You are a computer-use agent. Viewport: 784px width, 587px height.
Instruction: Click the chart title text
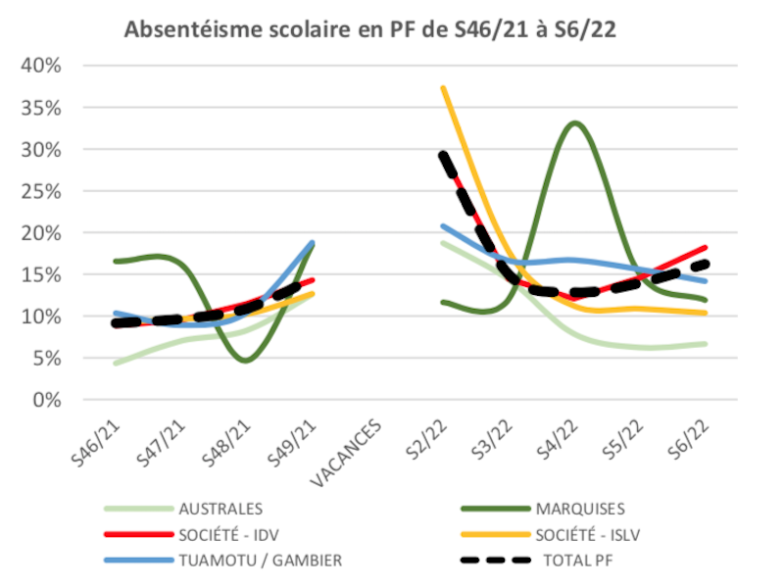[369, 29]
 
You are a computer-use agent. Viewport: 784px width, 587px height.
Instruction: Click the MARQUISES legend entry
[580, 509]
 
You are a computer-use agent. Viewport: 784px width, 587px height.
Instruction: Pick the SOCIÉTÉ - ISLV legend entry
[585, 534]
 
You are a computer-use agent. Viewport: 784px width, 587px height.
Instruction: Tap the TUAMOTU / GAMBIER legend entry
[254, 560]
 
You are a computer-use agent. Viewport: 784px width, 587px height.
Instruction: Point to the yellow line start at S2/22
[443, 87]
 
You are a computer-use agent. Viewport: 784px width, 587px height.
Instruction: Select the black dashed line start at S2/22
[443, 154]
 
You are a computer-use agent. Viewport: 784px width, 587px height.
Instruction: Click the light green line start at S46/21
[117, 364]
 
